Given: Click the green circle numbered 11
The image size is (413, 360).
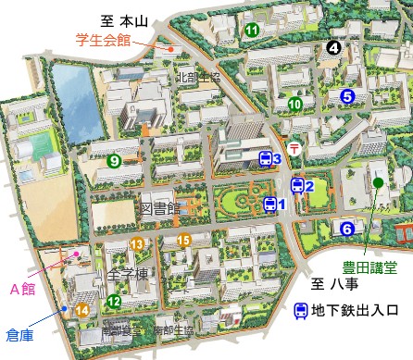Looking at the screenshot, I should click(252, 31).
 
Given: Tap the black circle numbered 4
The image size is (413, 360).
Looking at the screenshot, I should click(333, 47).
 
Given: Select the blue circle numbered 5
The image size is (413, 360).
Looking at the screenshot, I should click(347, 95).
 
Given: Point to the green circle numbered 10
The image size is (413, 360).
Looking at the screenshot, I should click(294, 105).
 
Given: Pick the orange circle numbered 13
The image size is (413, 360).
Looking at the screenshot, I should click(137, 244).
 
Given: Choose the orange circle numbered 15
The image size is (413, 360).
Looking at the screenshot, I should click(184, 242).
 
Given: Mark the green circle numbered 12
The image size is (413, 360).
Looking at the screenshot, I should click(114, 301).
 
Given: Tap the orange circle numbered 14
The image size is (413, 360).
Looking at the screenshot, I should click(82, 310).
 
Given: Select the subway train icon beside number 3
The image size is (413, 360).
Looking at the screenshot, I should click(265, 159).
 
